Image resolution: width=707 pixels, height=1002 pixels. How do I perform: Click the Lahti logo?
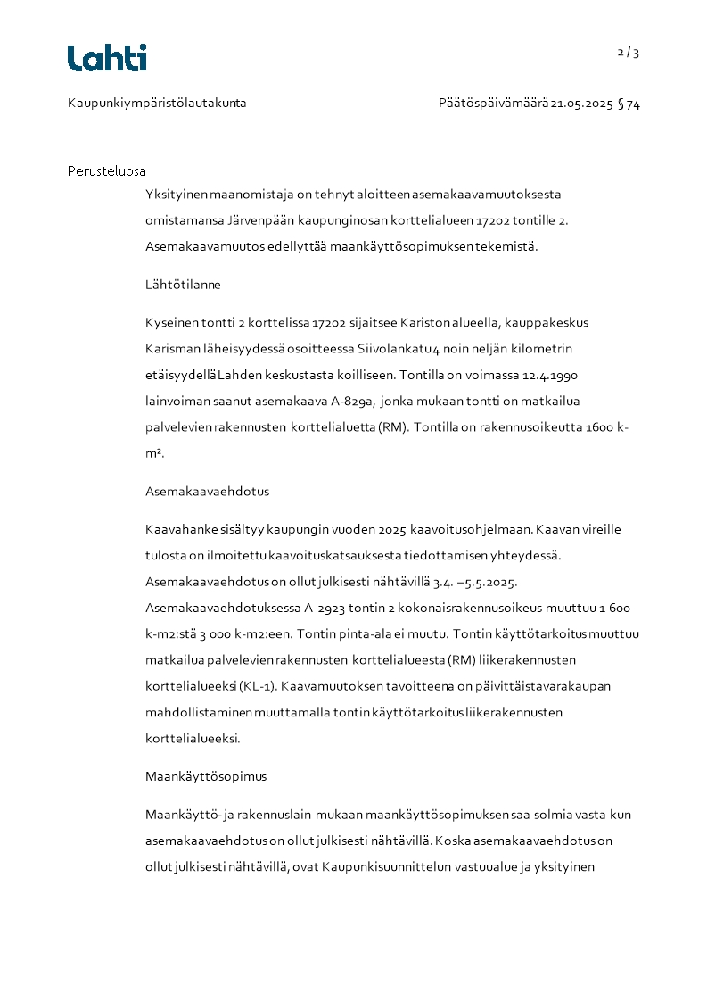[x=107, y=58]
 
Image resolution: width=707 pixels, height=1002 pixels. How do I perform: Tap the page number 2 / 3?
[x=629, y=52]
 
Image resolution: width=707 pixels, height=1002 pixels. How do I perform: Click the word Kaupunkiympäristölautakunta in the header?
[x=157, y=104]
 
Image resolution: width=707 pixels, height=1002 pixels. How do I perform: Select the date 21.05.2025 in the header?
[x=581, y=104]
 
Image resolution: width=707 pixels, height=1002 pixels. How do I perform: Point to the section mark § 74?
[x=629, y=104]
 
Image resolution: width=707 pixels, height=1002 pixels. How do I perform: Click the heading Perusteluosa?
[x=107, y=170]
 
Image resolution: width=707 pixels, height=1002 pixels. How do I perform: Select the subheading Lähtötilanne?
[x=183, y=285]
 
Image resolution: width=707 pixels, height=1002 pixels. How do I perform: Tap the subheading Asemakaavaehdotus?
[x=207, y=491]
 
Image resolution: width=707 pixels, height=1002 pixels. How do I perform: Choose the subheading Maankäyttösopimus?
[x=206, y=776]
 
